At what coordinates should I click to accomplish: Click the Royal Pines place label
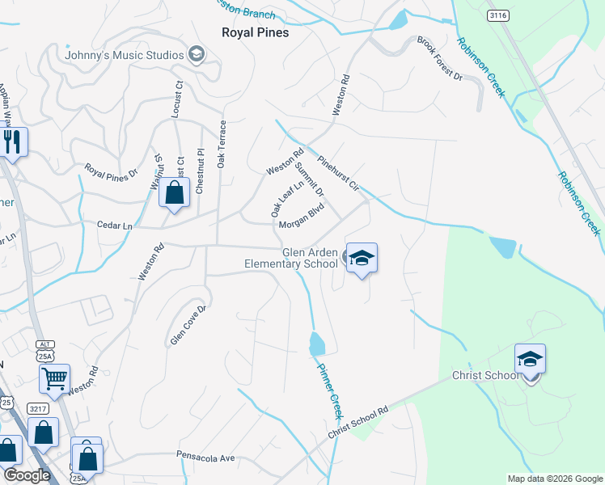pyautogui.click(x=255, y=33)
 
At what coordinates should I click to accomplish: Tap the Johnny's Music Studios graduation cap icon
pyautogui.click(x=195, y=55)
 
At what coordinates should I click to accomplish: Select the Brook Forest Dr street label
pyautogui.click(x=439, y=60)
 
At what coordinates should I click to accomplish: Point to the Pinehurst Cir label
pyautogui.click(x=338, y=173)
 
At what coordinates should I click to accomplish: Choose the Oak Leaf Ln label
pyautogui.click(x=287, y=199)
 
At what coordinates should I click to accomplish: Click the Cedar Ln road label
pyautogui.click(x=114, y=226)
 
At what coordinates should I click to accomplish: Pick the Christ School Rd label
pyautogui.click(x=358, y=423)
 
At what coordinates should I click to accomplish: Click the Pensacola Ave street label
pyautogui.click(x=206, y=458)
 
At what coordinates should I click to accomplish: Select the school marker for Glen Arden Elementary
pyautogui.click(x=362, y=258)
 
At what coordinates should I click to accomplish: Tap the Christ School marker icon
pyautogui.click(x=530, y=358)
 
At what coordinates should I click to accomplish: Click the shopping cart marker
pyautogui.click(x=54, y=377)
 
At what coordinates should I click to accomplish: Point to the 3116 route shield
pyautogui.click(x=498, y=15)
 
